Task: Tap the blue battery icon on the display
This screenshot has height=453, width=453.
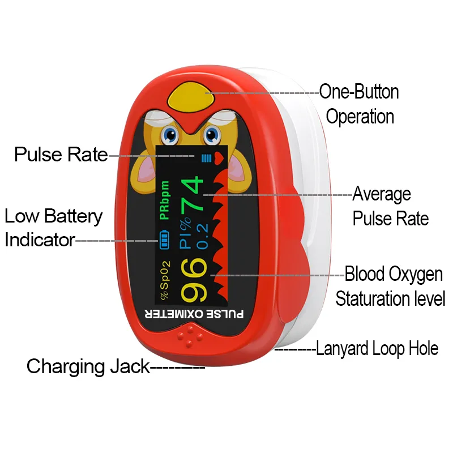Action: (x=164, y=240)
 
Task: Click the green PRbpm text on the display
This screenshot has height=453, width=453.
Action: (x=164, y=200)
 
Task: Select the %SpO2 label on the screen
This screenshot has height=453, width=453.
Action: (x=164, y=280)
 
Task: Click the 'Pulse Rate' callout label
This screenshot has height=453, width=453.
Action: (x=61, y=155)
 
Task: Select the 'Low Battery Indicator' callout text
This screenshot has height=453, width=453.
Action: (x=53, y=228)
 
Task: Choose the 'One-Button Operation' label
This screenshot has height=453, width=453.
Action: (x=360, y=104)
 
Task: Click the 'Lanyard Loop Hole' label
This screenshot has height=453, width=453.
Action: (x=377, y=348)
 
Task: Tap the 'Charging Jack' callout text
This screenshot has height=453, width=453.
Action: (x=88, y=366)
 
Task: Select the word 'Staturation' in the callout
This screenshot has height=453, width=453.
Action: (x=374, y=298)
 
